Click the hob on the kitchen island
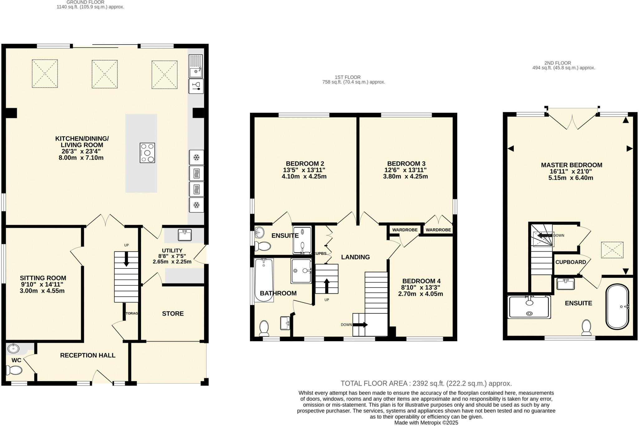coord(147,153)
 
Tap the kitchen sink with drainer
coord(196,66)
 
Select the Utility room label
coord(172,250)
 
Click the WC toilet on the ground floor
coord(14,370)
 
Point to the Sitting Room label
coord(43,278)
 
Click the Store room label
coord(173,313)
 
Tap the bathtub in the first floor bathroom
coord(264,280)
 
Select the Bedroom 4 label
coord(421,281)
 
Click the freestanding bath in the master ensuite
coord(617,307)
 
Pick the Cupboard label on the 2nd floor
coord(570,262)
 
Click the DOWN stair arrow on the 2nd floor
coord(545,235)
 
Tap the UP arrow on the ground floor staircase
coord(126,259)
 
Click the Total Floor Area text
coord(426,383)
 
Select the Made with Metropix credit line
coord(426,423)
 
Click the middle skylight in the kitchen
coord(105,74)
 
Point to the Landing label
coord(355,257)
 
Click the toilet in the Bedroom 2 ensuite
coord(262,246)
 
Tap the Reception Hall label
coord(88,355)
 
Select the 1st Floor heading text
coord(348,77)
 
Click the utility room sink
coord(185,235)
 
